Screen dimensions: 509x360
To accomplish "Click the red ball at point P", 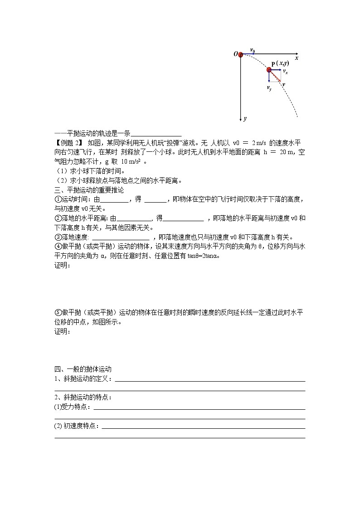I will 269,70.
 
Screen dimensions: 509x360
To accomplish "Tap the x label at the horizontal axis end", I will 297,58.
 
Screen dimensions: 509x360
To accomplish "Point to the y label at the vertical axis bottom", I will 245,119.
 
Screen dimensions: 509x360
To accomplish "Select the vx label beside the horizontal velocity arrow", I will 285,72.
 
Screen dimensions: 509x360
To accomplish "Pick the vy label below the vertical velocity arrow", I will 269,88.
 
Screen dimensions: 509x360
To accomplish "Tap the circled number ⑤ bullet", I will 58,312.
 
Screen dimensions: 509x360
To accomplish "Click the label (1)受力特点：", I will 73,407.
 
